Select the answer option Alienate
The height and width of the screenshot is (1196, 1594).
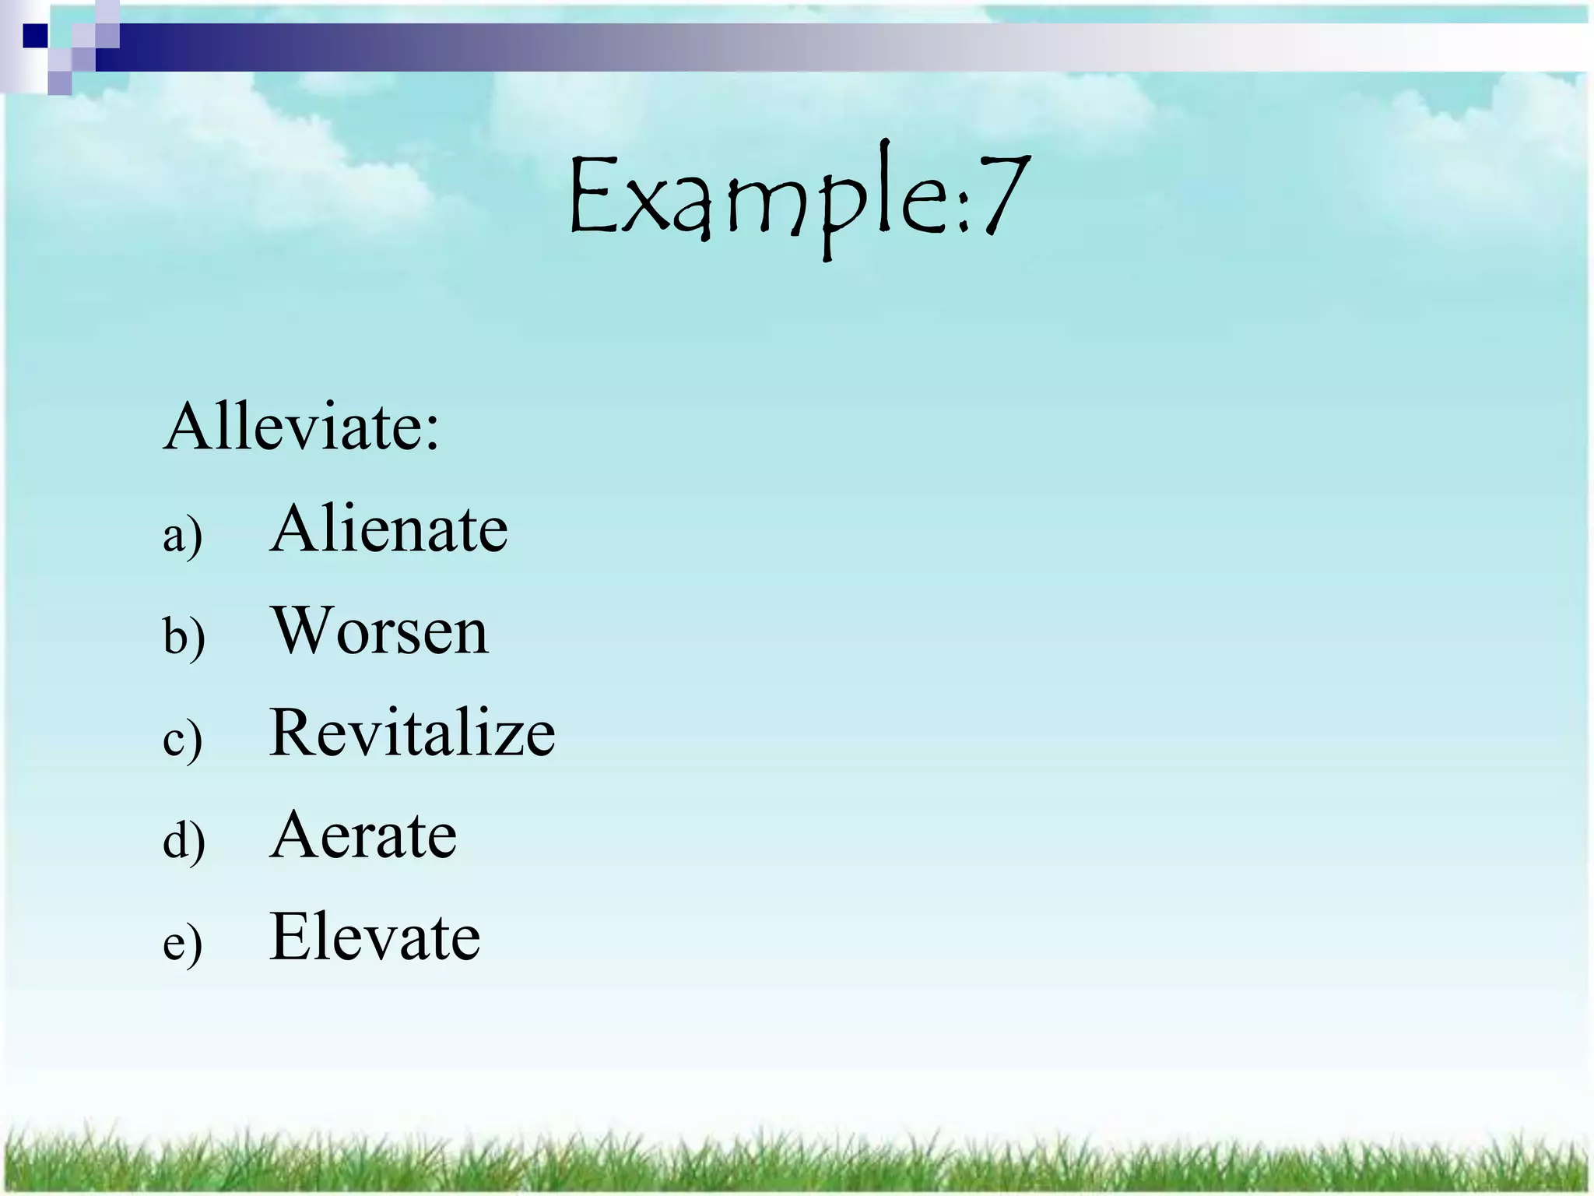tap(388, 529)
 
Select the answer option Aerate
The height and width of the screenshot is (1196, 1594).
tap(363, 835)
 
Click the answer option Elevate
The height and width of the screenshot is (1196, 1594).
tap(374, 937)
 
